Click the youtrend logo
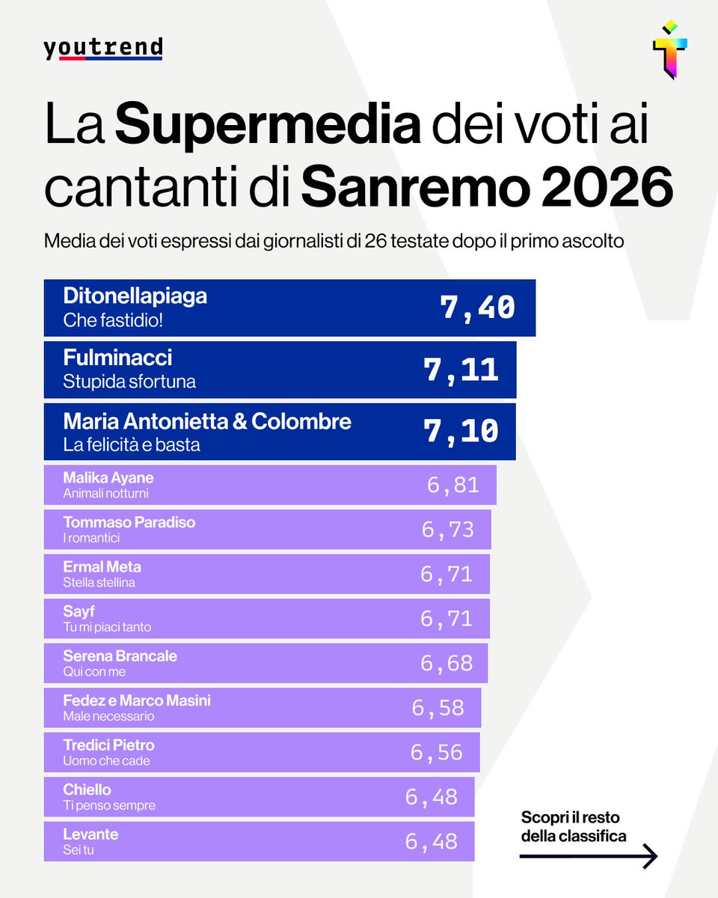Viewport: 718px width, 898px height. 102,49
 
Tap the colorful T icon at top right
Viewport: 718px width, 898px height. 669,49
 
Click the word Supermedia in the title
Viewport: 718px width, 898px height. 268,125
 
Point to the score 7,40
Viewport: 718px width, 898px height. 478,308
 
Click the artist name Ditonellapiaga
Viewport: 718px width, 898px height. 135,296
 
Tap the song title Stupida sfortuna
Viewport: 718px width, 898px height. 129,382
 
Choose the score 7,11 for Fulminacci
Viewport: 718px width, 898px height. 461,370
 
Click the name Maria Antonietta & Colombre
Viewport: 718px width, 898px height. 207,421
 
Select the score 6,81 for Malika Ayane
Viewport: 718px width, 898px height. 452,485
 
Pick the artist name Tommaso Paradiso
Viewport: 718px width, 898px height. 129,522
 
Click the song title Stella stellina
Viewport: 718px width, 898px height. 99,582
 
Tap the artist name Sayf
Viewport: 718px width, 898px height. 79,611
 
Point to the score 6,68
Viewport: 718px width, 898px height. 446,663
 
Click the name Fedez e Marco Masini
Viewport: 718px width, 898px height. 137,700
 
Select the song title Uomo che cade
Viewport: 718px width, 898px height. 106,760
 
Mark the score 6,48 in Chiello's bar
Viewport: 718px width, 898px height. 431,797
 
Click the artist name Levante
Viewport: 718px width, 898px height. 90,834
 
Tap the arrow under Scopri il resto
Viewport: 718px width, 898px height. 588,855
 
